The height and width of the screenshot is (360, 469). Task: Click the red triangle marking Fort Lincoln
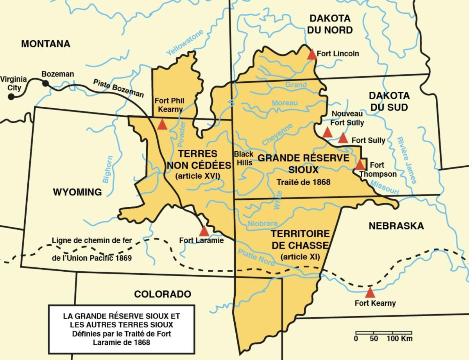(312, 54)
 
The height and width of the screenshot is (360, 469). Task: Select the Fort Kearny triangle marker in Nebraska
(370, 292)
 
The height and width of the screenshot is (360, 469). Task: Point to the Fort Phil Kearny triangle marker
(162, 125)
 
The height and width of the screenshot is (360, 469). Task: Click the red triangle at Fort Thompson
(360, 165)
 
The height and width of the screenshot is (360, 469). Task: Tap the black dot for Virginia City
(11, 96)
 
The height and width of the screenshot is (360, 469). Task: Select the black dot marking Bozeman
(46, 83)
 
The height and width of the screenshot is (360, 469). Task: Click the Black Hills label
(244, 158)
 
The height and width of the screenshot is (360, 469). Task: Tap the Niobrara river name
(263, 224)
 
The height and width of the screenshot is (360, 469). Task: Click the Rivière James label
(407, 160)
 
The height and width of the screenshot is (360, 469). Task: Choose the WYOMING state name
(77, 192)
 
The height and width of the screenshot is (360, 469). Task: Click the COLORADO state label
(163, 294)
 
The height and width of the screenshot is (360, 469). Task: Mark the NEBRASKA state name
(396, 226)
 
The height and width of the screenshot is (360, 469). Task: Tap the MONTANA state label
(45, 44)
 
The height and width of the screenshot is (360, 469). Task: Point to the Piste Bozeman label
(118, 88)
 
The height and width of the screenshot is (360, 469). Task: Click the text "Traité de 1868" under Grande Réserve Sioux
(303, 182)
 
